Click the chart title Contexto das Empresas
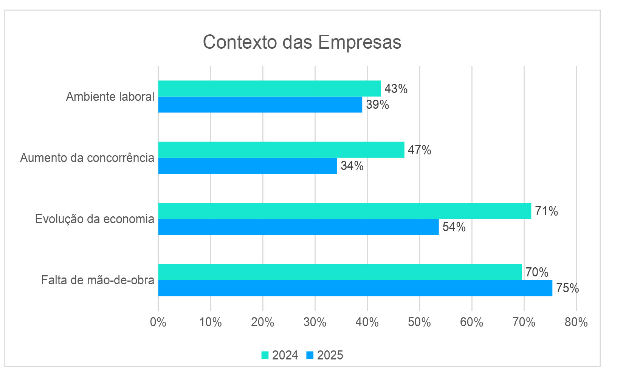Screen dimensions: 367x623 [302, 42]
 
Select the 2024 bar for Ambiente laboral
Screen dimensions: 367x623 [269, 88]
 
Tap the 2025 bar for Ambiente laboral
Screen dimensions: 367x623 [260, 105]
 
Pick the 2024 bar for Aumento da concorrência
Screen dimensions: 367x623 [281, 150]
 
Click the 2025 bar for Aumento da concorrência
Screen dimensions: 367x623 [247, 166]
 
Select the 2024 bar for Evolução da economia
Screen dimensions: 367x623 [344, 211]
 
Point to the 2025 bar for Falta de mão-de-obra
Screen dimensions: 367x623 [355, 288]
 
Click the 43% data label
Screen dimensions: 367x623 [396, 89]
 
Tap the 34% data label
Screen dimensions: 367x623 [352, 166]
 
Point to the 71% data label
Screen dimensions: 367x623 [546, 211]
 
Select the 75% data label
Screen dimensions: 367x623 [567, 288]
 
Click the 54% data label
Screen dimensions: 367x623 [454, 227]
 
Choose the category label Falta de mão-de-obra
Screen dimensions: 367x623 [98, 280]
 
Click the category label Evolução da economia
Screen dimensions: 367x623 [95, 219]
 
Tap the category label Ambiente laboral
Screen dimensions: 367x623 [110, 97]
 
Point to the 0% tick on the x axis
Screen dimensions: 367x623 [158, 322]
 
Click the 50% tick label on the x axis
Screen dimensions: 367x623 [420, 322]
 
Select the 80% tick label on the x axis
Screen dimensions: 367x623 [576, 322]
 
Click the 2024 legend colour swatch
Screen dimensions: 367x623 [265, 355]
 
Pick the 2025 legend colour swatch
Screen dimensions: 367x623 [310, 355]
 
